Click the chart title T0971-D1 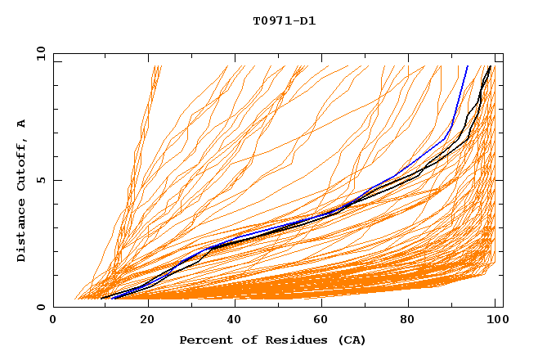coord(285,21)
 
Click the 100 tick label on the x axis coord(497,320)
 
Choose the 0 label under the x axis coord(53,320)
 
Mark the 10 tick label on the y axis coord(41,53)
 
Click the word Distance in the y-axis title coord(21,233)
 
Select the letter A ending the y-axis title coord(21,123)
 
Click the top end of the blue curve coord(468,66)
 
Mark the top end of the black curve coord(490,66)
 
